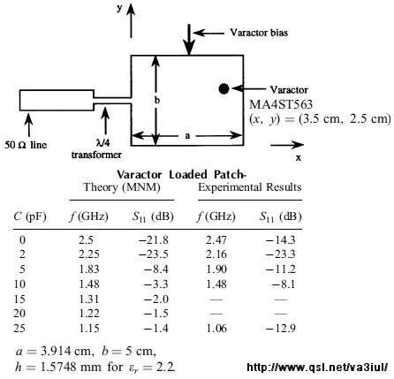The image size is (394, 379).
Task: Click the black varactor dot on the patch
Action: click(224, 88)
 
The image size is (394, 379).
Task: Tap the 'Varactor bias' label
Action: click(259, 33)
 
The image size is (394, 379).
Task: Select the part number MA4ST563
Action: click(281, 104)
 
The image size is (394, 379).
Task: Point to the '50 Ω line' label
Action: click(26, 145)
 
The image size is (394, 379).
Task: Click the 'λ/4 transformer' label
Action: click(96, 148)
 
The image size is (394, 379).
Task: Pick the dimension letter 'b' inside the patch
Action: click(157, 100)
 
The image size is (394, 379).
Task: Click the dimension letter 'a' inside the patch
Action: click(187, 136)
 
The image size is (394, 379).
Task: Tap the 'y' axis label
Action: click(119, 8)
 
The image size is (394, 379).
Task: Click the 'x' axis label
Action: click(299, 158)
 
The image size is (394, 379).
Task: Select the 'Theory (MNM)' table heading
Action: click(122, 187)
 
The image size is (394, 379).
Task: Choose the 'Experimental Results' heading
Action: click(250, 187)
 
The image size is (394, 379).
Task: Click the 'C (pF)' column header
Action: click(30, 217)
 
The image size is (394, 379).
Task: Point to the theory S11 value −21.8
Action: click(154, 240)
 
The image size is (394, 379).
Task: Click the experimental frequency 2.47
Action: click(216, 240)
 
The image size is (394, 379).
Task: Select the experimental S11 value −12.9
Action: click(281, 328)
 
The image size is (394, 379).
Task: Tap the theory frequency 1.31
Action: click(89, 299)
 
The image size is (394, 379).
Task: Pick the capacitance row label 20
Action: click(19, 314)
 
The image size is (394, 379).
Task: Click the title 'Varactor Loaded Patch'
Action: click(180, 175)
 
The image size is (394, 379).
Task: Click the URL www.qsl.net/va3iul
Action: click(317, 367)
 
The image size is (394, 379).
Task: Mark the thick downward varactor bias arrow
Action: click(189, 40)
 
